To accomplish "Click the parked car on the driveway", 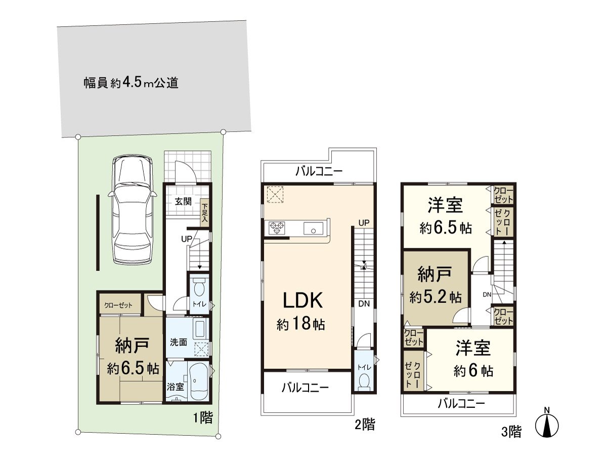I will coord(132,209).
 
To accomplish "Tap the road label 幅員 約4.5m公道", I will coord(131,83).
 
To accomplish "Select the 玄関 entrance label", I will coord(183,202).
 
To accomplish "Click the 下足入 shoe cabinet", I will coord(205,213).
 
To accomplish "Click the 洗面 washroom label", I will coord(179,342).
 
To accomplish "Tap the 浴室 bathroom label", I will coord(175,386).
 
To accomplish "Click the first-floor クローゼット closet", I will coord(118,306).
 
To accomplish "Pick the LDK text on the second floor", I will coord(302,300).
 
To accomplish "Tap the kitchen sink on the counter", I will coord(314,229).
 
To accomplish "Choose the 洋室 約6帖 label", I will coord(473,359).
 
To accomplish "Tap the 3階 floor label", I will coord(511,432).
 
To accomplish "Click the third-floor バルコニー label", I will coord(461,404).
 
